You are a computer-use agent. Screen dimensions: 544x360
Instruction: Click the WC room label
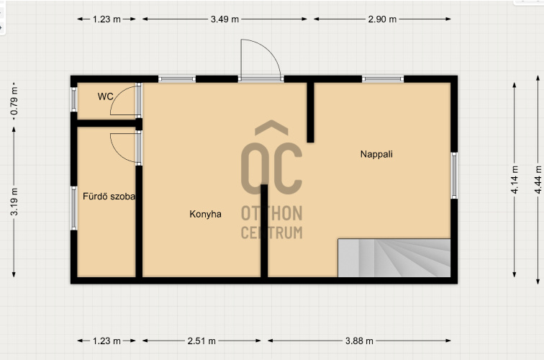pos(106,96)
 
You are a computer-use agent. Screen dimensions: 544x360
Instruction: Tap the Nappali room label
pos(376,154)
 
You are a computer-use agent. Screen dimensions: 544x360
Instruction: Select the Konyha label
pos(205,214)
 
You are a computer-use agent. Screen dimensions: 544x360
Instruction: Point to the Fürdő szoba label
pos(109,197)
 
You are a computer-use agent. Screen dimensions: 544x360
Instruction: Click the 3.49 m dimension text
pos(225,19)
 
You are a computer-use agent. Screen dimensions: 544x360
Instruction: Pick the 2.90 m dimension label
pos(382,19)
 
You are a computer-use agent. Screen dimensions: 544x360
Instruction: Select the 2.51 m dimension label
pos(201,341)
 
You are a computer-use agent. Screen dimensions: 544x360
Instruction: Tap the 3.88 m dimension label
pos(359,341)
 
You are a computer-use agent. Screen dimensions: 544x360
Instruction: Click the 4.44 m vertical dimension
pos(538,179)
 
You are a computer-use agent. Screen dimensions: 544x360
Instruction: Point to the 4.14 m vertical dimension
pos(514,179)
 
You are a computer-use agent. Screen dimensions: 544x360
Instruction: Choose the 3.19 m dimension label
pos(14,202)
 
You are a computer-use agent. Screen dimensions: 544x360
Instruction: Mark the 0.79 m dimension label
pos(14,101)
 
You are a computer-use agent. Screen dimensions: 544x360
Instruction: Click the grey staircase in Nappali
pos(394,258)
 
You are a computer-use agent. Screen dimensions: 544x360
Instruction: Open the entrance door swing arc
pos(269,50)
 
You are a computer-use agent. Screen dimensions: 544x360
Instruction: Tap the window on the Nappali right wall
pos(454,175)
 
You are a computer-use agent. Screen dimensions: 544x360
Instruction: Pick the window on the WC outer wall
pos(73,99)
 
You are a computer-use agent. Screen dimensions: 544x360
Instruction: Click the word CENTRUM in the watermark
pos(272,233)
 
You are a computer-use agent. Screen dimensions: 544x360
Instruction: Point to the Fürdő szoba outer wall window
pos(73,208)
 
